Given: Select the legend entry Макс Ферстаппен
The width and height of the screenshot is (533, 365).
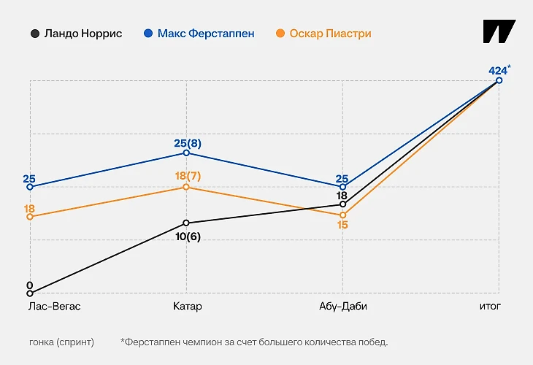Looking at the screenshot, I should (199, 34).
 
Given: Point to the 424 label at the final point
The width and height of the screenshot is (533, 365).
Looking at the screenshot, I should (498, 71).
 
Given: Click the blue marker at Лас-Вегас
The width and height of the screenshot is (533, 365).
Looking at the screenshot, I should (30, 187).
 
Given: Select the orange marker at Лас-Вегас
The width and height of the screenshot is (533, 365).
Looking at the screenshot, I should (30, 216).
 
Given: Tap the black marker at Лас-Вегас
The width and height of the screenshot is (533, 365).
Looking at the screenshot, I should (30, 293).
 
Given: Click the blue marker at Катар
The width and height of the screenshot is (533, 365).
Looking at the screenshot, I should (186, 153).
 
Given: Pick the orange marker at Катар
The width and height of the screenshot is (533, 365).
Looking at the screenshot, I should (186, 187).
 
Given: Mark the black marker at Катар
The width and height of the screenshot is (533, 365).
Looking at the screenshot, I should (186, 223).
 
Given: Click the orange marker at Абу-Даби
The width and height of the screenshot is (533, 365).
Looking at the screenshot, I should (342, 215).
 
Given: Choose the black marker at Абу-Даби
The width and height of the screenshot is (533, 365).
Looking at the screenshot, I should (342, 204).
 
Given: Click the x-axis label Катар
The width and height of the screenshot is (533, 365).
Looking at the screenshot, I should (188, 307).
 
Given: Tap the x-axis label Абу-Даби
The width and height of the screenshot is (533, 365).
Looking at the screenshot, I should (343, 307).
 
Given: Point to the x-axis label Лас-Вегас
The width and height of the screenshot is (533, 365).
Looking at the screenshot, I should (54, 307).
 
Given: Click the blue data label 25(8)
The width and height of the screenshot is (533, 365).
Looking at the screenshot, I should (187, 143).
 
